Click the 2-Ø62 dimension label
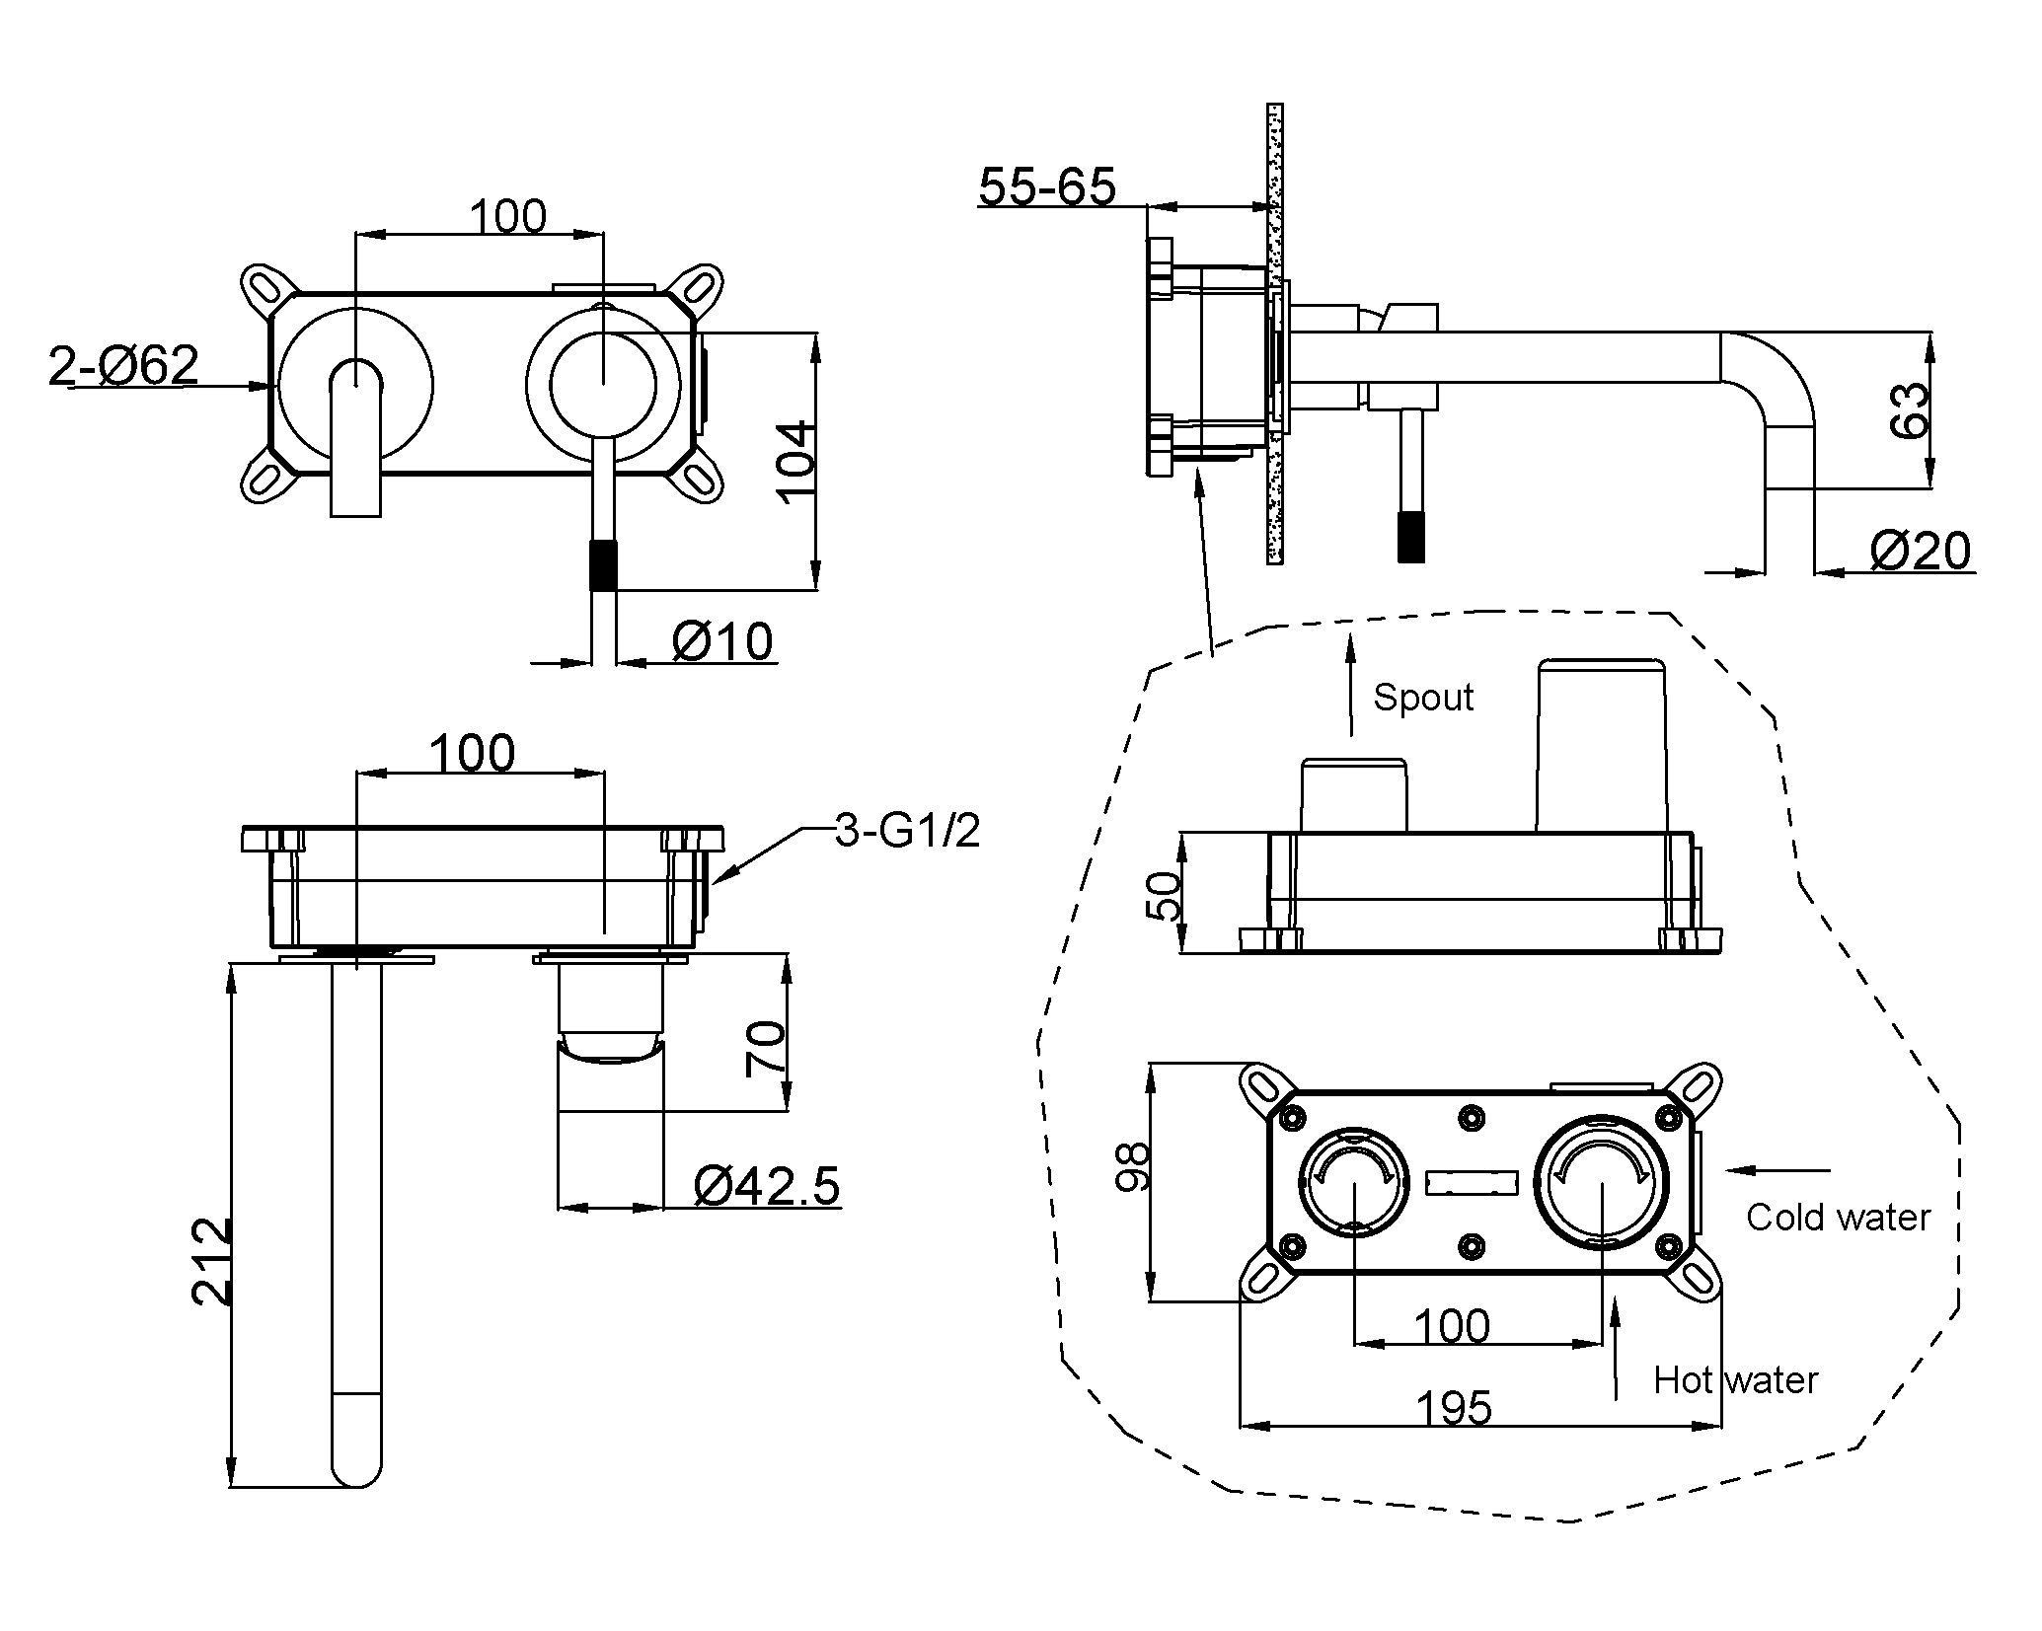point(124,365)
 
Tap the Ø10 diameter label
point(722,641)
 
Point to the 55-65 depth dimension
point(1047,185)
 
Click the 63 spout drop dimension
point(1910,409)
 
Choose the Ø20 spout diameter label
point(1920,551)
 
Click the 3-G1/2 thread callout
point(907,832)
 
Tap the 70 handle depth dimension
point(767,1048)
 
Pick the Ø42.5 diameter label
point(767,1185)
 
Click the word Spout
point(1422,698)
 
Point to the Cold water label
point(1838,1218)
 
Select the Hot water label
point(1735,1380)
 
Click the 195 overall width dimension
point(1454,1408)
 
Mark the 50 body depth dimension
point(1167,895)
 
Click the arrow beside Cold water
point(1777,1171)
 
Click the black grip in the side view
point(1411,538)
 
